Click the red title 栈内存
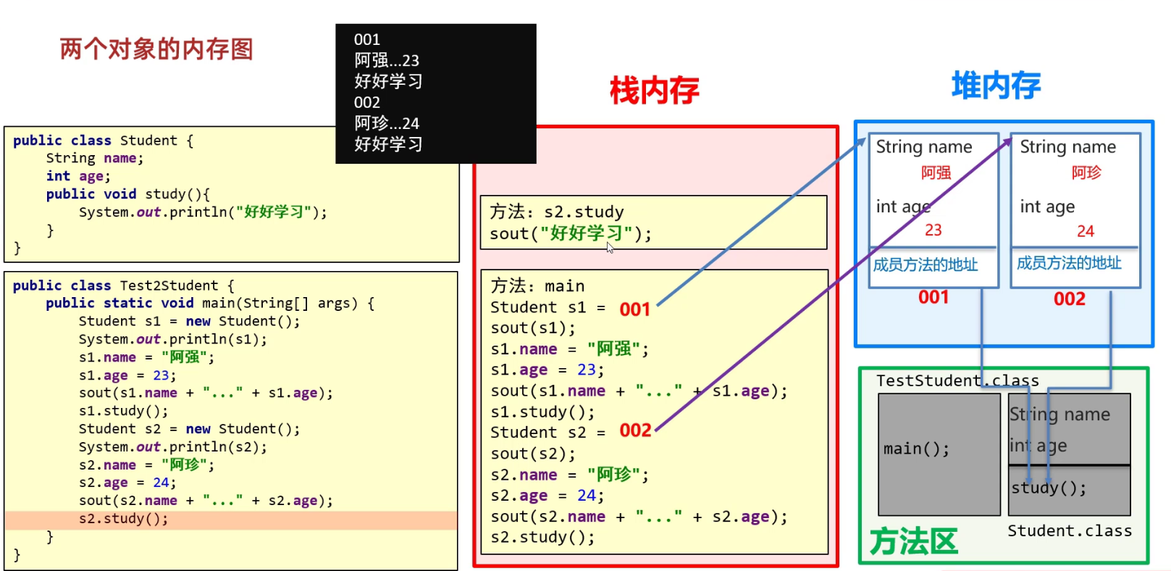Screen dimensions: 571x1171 (654, 91)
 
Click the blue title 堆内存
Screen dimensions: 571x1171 (996, 86)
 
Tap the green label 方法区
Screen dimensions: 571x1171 (913, 541)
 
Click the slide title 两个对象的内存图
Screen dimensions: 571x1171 (156, 49)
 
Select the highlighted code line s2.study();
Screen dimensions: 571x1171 (123, 519)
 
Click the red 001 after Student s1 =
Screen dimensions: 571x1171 (634, 309)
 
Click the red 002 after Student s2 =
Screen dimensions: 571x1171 (635, 430)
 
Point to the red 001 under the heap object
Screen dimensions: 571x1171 (933, 297)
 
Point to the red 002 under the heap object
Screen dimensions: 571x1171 (1069, 299)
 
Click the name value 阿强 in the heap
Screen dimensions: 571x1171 (936, 172)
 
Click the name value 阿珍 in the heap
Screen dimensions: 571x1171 (1086, 172)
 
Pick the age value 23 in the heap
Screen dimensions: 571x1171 (933, 230)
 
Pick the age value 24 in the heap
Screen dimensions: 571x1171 (1085, 231)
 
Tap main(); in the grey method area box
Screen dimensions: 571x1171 (915, 449)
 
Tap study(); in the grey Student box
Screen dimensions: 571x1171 (1049, 488)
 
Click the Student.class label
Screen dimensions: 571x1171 (1069, 531)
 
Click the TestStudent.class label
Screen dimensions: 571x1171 (957, 380)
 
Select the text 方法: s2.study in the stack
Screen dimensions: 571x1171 (556, 212)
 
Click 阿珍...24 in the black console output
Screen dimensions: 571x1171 (386, 123)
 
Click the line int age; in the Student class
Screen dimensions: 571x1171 (78, 176)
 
